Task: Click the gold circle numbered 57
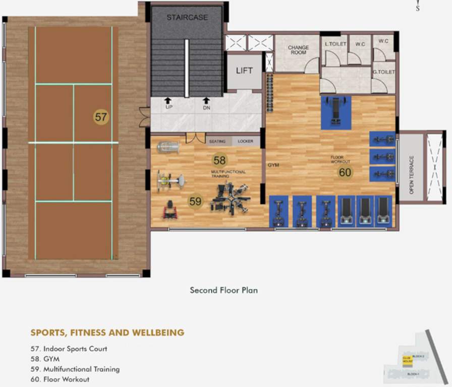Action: tap(101, 117)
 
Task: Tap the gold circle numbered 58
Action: tap(219, 160)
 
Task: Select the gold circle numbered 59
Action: tap(195, 202)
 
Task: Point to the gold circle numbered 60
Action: tap(345, 172)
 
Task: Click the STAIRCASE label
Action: tap(187, 18)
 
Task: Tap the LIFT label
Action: tap(244, 71)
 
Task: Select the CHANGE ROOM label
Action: tap(298, 50)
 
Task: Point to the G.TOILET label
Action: tap(383, 72)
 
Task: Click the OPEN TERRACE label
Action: tap(412, 175)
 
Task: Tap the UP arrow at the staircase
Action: tap(168, 101)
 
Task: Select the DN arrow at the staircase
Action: tap(206, 101)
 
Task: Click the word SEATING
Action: tap(217, 142)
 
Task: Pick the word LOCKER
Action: tap(246, 142)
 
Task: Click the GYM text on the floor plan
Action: tap(273, 165)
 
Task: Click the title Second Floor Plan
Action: tap(224, 290)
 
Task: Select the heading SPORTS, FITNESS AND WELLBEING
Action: tap(107, 333)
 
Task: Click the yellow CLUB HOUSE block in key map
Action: tap(407, 360)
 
